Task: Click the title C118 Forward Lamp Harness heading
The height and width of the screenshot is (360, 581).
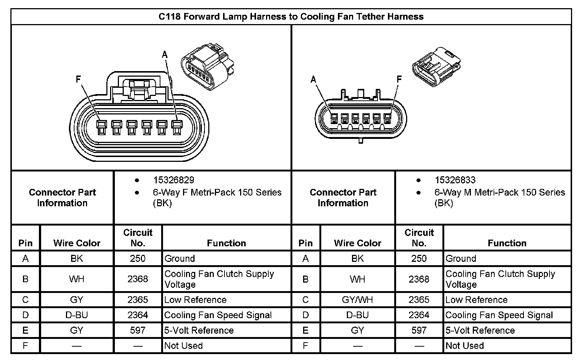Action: coord(291,17)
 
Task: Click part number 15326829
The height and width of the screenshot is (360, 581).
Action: coord(173,180)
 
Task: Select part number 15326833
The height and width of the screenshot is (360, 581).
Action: coord(455,180)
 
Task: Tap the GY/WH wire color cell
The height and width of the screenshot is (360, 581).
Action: coord(357,300)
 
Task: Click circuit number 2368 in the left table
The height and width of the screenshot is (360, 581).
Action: coord(137,279)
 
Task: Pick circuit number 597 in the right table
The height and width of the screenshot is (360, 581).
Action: coord(419,330)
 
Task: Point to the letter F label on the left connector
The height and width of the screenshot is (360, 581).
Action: coord(78,79)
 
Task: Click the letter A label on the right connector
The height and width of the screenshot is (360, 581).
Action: coord(313,79)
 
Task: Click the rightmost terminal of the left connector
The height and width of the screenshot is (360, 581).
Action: coord(177,127)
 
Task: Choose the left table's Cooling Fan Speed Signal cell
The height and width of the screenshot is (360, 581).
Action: coord(218,315)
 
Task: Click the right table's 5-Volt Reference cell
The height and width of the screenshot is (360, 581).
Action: coord(480,330)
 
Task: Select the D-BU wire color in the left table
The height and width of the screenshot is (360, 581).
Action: coord(77,315)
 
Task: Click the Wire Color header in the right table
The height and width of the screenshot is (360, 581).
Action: coord(357,243)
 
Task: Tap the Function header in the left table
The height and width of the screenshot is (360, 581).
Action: coord(226,243)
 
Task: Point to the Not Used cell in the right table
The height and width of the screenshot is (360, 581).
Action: coord(465,346)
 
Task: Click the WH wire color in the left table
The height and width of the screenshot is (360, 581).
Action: coord(77,279)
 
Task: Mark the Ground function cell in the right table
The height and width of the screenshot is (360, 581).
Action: coord(461,259)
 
